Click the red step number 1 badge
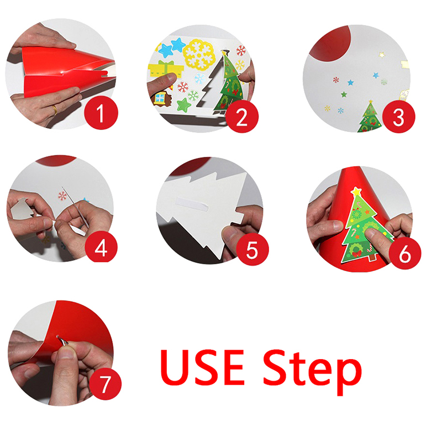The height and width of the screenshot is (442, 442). (101, 113)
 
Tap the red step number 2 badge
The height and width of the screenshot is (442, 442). (242, 117)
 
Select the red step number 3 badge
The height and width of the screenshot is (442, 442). (398, 117)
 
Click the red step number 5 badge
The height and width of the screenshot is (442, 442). (252, 249)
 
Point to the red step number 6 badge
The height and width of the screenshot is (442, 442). (405, 253)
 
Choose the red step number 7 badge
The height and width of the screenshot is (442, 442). (105, 383)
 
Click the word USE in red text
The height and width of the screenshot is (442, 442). (202, 367)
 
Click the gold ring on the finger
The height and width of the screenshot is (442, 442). (55, 109)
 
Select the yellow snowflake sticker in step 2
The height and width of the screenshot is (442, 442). (199, 54)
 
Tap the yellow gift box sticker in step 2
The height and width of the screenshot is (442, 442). (165, 70)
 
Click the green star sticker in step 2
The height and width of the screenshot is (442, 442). (184, 105)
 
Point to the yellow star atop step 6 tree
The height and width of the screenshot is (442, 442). (356, 192)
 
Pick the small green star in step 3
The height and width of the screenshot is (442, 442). (344, 94)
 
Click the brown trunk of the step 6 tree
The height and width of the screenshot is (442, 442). (372, 257)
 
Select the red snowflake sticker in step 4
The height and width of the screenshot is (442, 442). (62, 196)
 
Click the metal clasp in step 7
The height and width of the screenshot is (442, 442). (62, 340)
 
